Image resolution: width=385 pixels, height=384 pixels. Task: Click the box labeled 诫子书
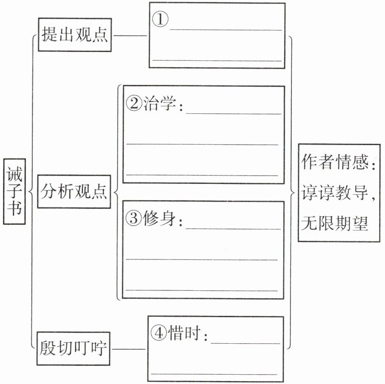[14, 191]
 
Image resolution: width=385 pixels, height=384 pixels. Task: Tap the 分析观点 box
[74, 191]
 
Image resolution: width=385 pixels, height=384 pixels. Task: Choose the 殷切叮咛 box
[75, 350]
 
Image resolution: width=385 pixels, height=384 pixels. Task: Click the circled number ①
[160, 21]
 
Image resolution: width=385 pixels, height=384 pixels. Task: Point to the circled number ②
[134, 103]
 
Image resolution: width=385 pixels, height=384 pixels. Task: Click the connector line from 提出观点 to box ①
[130, 36]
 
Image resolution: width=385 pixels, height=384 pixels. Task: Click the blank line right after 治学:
[234, 113]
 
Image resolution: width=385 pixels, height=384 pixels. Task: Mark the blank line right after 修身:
[234, 229]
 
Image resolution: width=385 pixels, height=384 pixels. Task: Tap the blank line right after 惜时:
[246, 343]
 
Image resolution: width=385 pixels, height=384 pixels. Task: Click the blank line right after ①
[226, 30]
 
